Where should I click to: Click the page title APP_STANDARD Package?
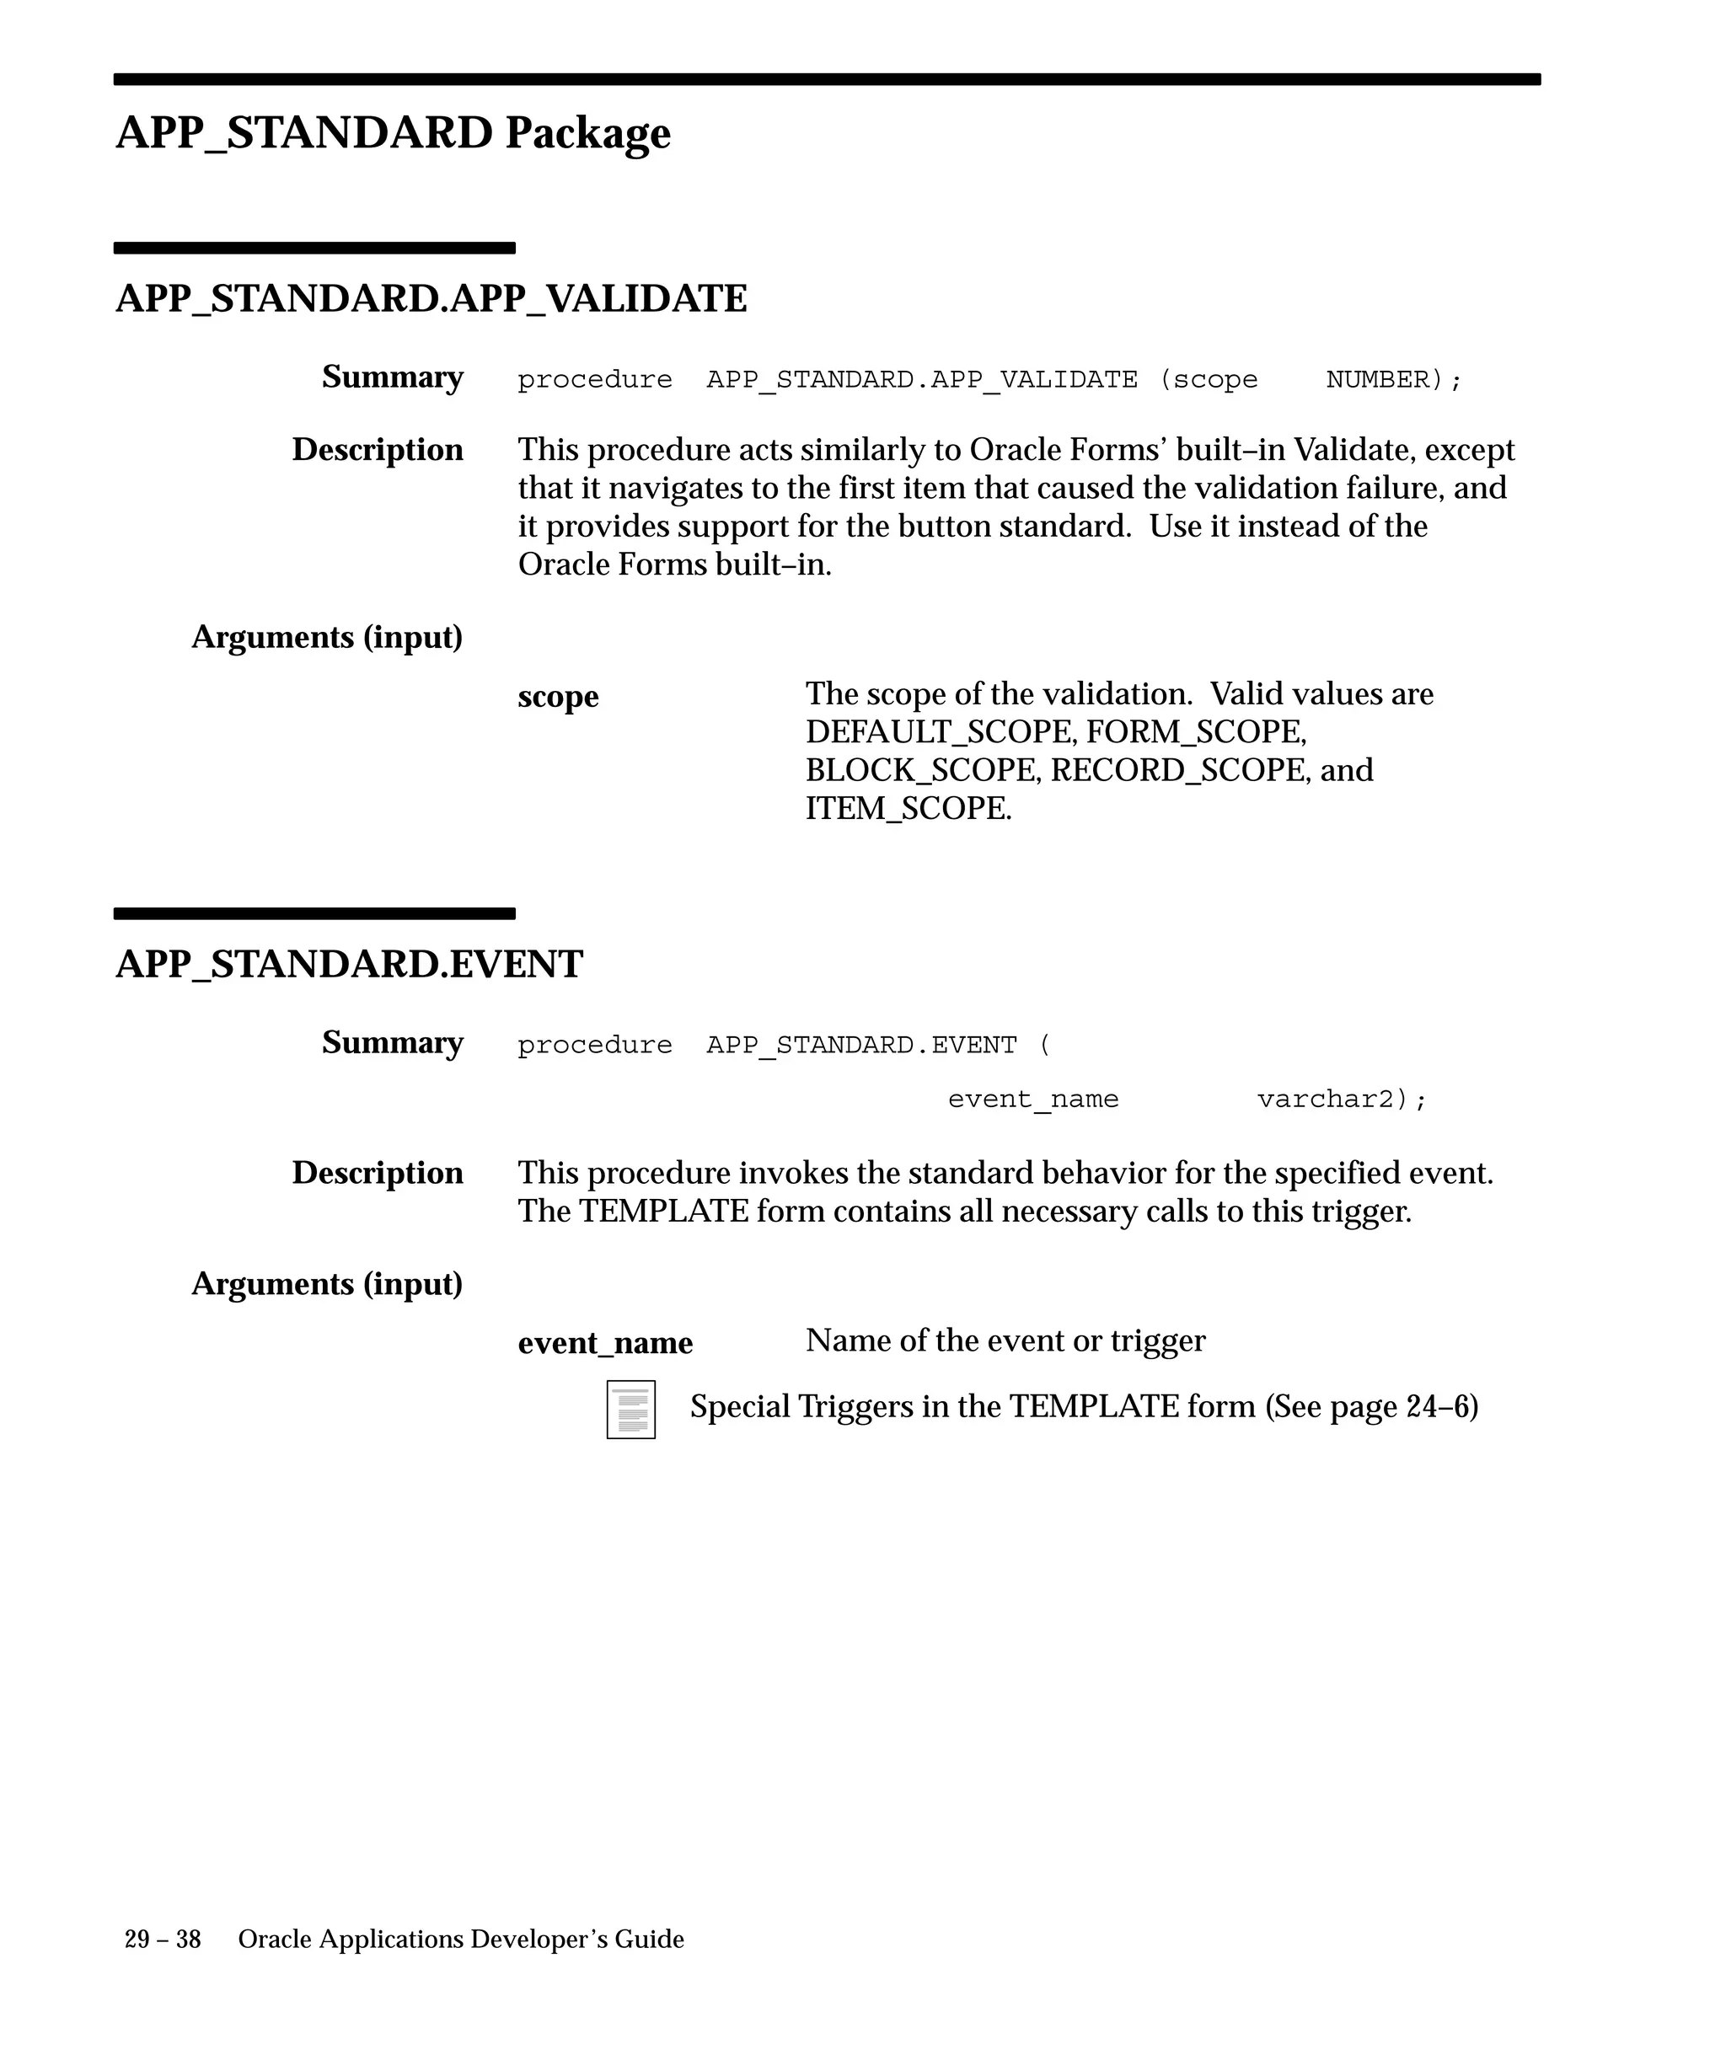tap(393, 132)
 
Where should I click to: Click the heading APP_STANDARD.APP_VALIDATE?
tap(431, 297)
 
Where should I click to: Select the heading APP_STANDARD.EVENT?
tap(349, 964)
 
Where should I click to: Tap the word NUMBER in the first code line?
tap(1378, 380)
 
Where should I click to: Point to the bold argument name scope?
tap(558, 696)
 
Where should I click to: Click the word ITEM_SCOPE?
tap(908, 809)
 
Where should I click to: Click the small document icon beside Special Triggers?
tap(631, 1410)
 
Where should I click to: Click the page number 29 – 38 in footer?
tap(163, 1940)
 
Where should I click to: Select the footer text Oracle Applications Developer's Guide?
tap(461, 1940)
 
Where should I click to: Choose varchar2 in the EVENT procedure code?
tap(1332, 1100)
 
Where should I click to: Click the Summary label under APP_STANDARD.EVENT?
tap(392, 1042)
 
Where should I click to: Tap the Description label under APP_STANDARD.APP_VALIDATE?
tap(377, 450)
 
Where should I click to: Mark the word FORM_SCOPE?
tap(1195, 731)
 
